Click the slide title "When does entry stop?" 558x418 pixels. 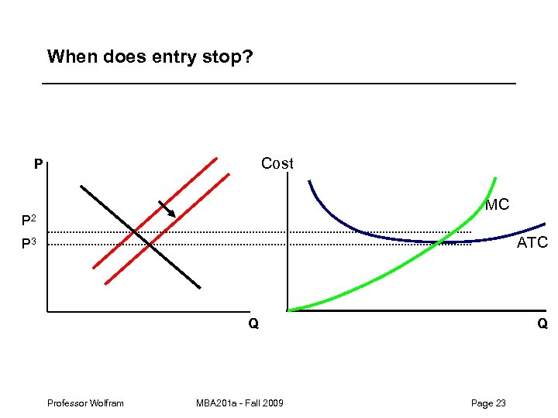[150, 57]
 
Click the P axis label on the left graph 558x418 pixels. [38, 165]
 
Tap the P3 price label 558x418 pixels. [29, 245]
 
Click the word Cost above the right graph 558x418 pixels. [277, 163]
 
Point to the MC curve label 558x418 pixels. [497, 205]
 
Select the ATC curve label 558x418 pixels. [532, 243]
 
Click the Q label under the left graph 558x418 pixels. [253, 324]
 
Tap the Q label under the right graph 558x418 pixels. [542, 324]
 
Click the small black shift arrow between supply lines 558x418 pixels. [167, 209]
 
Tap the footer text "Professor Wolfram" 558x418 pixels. [85, 403]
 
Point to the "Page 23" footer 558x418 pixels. [488, 403]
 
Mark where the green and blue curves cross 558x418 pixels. [439, 242]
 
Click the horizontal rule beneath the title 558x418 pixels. [279, 83]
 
